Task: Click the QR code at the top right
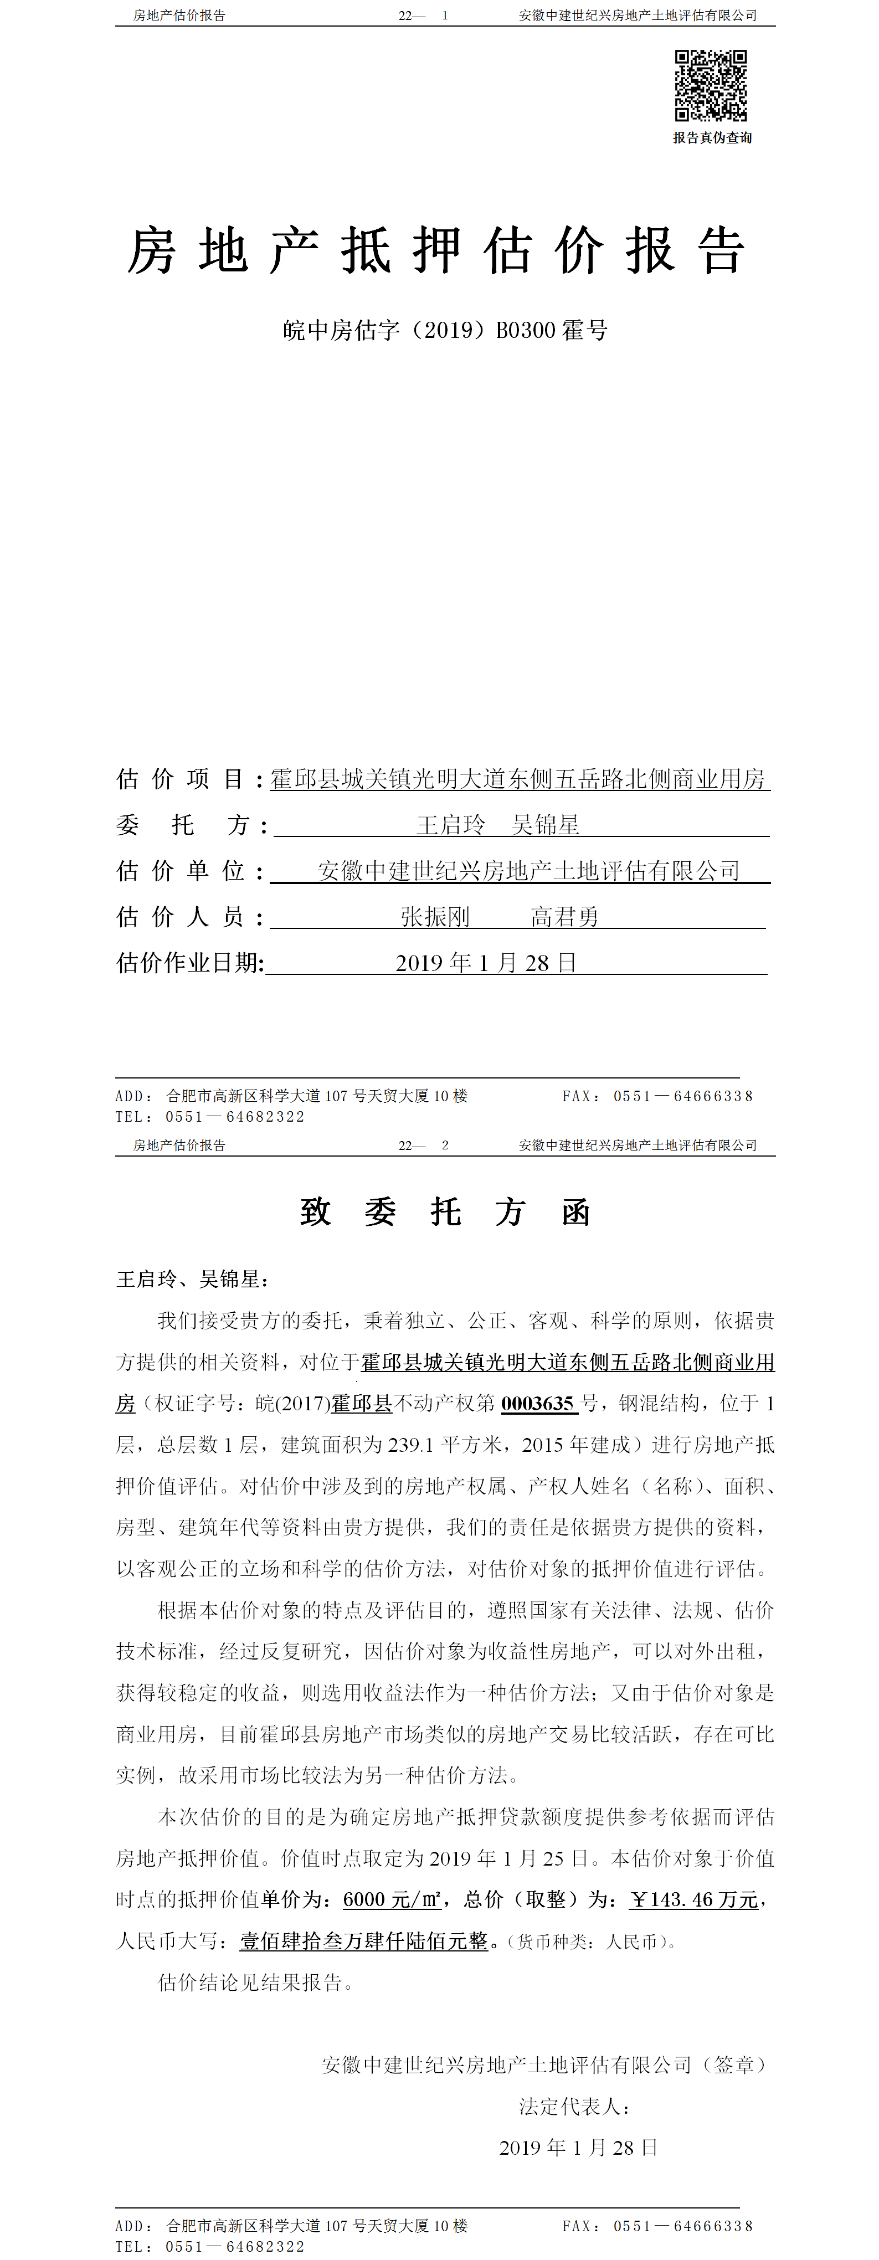pyautogui.click(x=711, y=85)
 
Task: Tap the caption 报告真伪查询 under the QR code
pyautogui.click(x=712, y=138)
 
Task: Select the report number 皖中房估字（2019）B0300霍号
pyautogui.click(x=445, y=331)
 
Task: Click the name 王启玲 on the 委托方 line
pyautogui.click(x=450, y=825)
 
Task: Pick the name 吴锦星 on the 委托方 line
pyautogui.click(x=546, y=825)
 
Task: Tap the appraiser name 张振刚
pyautogui.click(x=435, y=917)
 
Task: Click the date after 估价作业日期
pyautogui.click(x=485, y=963)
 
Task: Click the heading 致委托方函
pyautogui.click(x=445, y=1213)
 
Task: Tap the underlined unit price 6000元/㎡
pyautogui.click(x=391, y=1899)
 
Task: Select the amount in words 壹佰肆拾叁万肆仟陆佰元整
pyautogui.click(x=363, y=1940)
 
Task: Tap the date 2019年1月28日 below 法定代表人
pyautogui.click(x=578, y=2147)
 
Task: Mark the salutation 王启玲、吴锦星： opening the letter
pyautogui.click(x=193, y=1279)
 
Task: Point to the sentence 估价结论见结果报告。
pyautogui.click(x=255, y=1982)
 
